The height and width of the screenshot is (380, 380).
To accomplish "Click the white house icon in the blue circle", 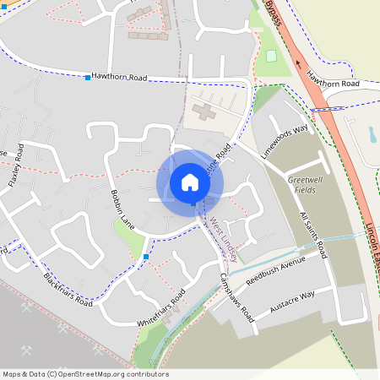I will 190,182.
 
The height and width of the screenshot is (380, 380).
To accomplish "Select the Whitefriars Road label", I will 160,312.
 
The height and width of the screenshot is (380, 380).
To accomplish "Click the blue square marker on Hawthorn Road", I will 88,78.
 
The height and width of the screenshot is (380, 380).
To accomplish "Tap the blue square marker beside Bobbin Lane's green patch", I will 146,256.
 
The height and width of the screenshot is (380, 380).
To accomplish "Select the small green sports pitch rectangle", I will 271,56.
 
